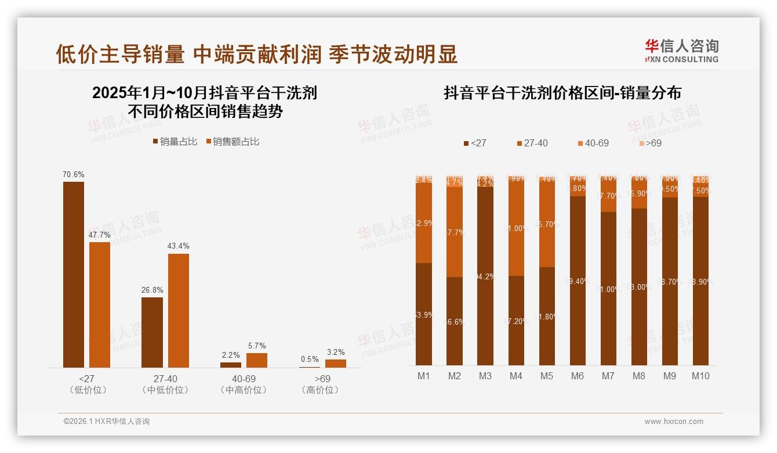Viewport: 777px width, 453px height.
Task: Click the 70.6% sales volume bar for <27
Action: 74,274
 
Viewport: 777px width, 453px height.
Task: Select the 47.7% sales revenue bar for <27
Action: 100,304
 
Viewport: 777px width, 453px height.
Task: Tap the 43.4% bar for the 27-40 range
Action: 179,310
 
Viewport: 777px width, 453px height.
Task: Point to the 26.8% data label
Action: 152,290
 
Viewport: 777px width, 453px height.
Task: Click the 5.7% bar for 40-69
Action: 257,360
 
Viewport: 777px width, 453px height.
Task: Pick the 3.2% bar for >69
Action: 336,363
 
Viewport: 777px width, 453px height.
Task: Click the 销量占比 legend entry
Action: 175,142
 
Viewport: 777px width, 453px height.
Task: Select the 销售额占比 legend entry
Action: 233,142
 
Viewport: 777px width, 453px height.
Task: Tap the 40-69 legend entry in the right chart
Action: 593,143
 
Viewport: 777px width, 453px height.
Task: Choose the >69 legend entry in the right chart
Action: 650,143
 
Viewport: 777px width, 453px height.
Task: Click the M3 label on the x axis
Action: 485,376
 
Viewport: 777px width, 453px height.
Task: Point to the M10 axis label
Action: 700,376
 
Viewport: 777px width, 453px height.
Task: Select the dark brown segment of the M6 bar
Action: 578,281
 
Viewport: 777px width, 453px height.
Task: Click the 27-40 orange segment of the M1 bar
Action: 424,224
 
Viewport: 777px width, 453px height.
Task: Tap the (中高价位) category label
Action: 244,390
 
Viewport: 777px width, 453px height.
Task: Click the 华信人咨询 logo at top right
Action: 681,51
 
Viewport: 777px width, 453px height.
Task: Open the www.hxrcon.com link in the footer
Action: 674,422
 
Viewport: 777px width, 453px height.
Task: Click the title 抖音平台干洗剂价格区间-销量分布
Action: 562,93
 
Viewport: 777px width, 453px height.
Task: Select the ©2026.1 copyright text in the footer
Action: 107,422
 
